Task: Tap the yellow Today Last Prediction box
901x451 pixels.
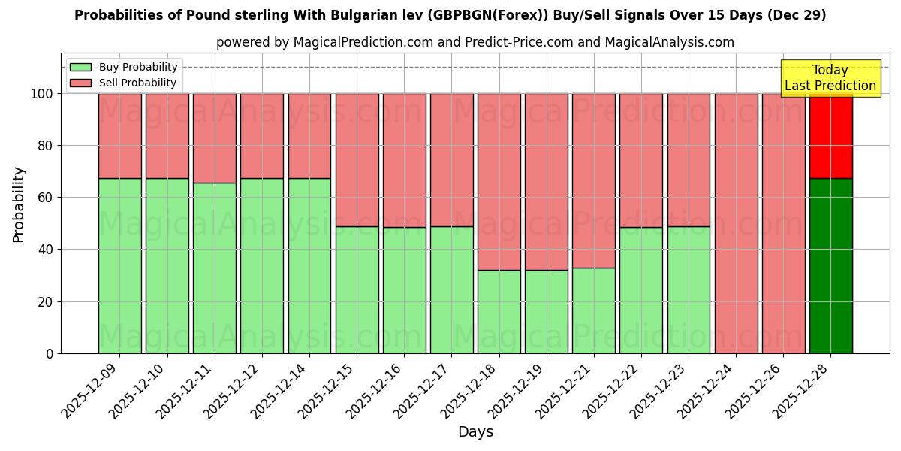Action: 830,78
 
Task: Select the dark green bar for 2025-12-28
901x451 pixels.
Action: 830,265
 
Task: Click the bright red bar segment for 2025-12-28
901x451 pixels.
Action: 830,135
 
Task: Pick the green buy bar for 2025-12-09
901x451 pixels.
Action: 119,265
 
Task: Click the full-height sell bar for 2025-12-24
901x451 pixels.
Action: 736,223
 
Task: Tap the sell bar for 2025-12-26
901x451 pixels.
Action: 783,223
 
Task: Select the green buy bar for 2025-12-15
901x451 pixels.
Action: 357,289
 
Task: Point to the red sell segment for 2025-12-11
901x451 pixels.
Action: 214,138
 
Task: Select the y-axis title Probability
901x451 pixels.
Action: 19,204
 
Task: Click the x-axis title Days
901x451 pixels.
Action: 475,432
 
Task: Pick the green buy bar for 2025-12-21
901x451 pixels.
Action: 593,310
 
